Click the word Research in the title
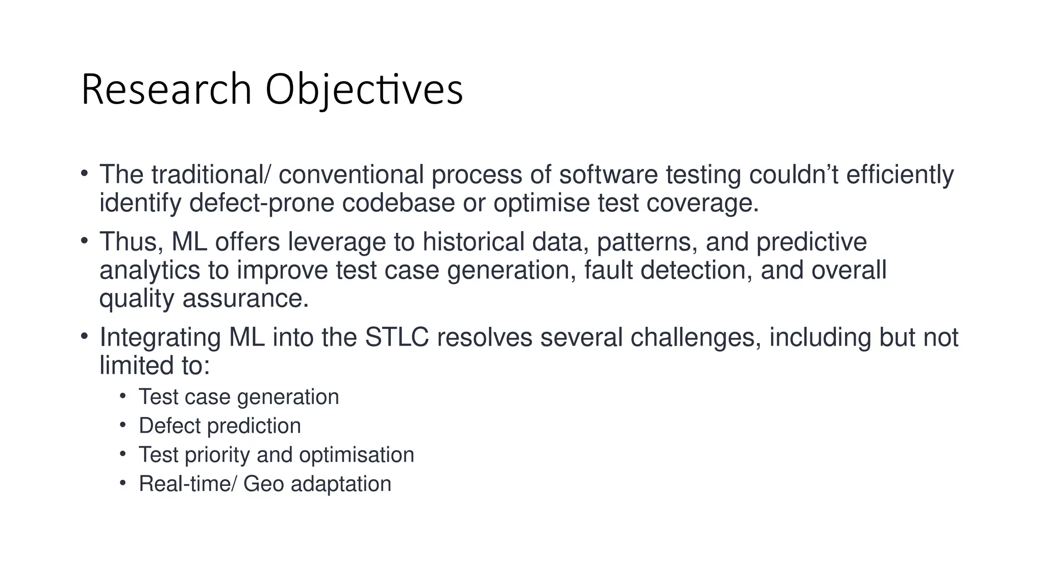(x=166, y=90)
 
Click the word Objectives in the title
(x=364, y=90)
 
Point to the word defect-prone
(x=261, y=204)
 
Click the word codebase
(x=398, y=204)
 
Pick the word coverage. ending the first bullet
(x=702, y=204)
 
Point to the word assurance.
(x=245, y=299)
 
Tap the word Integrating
(x=160, y=338)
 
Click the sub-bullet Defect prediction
(x=219, y=426)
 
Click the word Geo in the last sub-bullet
(x=263, y=484)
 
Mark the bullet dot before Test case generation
(x=122, y=396)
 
